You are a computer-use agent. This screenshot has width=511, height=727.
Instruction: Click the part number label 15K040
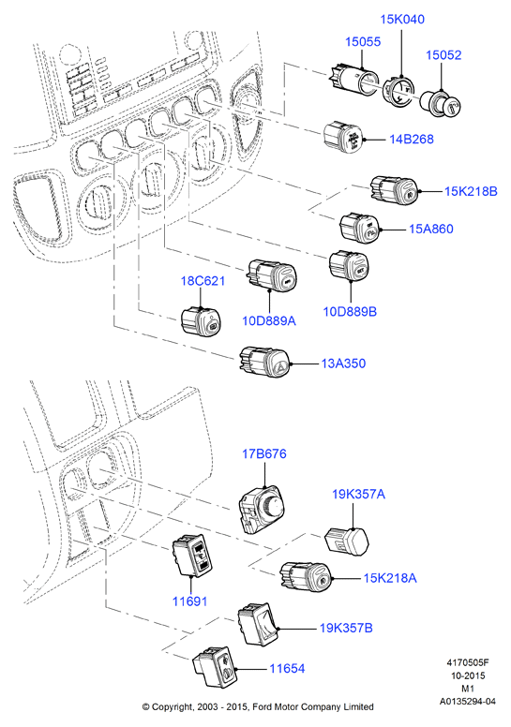click(402, 20)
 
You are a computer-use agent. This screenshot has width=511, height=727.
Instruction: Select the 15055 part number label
click(363, 42)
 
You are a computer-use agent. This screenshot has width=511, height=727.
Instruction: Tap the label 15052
click(443, 55)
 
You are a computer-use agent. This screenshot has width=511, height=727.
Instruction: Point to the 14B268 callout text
click(412, 139)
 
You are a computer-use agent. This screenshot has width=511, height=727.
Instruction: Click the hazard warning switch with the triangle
click(264, 362)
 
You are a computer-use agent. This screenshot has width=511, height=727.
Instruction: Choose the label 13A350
click(343, 363)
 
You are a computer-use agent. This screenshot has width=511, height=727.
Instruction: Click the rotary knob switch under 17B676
click(262, 508)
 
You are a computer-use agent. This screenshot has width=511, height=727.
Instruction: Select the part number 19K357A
click(358, 495)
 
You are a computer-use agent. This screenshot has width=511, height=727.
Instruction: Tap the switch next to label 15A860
click(359, 227)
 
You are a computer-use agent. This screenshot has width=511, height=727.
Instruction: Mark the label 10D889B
click(350, 312)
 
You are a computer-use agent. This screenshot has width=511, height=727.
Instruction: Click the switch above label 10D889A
click(271, 275)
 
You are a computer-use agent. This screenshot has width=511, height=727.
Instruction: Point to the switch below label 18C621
click(201, 320)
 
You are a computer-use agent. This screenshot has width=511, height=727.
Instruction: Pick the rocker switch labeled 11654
click(215, 666)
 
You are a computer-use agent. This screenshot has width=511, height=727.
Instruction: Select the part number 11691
click(189, 601)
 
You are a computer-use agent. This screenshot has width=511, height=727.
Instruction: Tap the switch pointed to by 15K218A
click(306, 575)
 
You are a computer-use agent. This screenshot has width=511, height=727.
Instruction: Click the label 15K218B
click(471, 191)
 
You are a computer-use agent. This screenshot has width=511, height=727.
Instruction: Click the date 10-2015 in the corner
click(468, 676)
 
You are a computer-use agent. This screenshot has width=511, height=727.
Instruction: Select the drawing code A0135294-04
click(467, 702)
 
